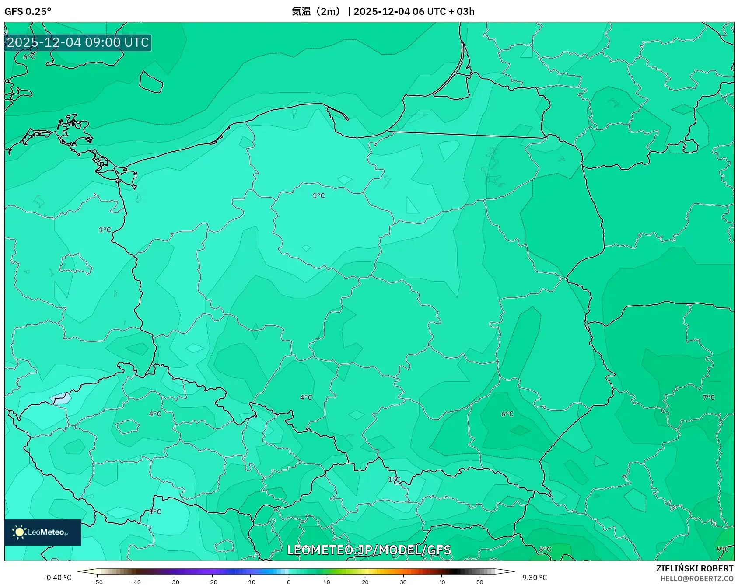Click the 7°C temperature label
click(708, 397)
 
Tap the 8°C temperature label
click(545, 549)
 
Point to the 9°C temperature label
click(723, 549)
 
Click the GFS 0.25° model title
click(28, 11)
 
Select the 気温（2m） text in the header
click(316, 11)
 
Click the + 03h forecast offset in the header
click(462, 11)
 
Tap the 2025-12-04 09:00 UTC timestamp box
click(78, 42)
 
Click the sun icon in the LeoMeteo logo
click(19, 532)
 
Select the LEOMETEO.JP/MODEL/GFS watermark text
click(369, 550)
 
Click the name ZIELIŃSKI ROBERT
click(694, 568)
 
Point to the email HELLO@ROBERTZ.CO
click(696, 578)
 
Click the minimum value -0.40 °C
click(57, 578)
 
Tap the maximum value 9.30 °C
click(535, 578)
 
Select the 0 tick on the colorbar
click(289, 582)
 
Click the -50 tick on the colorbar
click(98, 582)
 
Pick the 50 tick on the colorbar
click(480, 582)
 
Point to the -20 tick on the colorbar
click(212, 582)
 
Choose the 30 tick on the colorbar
click(403, 582)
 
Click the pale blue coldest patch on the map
click(61, 398)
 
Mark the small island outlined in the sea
click(151, 82)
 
